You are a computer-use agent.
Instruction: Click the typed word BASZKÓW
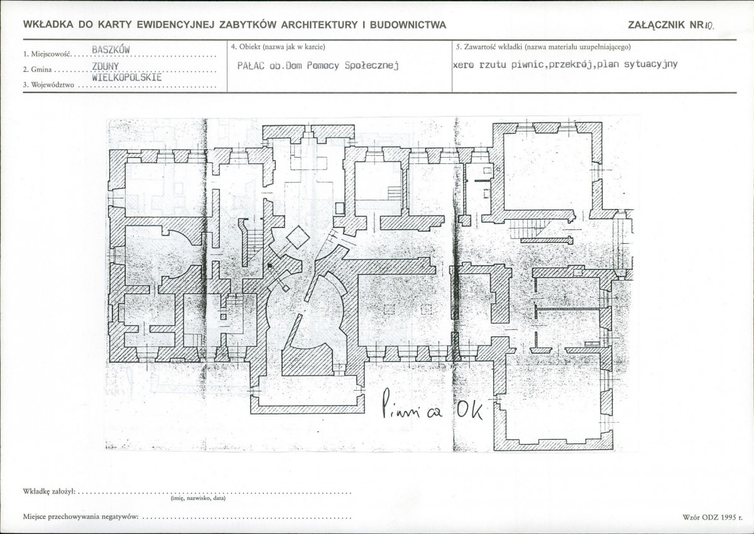click(111, 50)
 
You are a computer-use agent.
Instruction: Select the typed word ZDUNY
click(106, 67)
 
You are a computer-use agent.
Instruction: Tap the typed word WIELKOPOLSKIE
click(127, 77)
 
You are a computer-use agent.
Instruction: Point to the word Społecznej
click(371, 65)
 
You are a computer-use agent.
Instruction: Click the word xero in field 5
click(464, 65)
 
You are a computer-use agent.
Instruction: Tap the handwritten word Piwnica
click(412, 405)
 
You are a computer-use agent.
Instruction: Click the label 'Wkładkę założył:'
click(49, 491)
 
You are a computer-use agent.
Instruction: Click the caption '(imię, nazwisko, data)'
click(199, 498)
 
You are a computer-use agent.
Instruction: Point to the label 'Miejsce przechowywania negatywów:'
click(81, 516)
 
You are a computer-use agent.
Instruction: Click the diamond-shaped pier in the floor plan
click(298, 237)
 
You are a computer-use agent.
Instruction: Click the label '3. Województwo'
click(48, 85)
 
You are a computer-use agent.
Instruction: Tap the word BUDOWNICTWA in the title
click(408, 25)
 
